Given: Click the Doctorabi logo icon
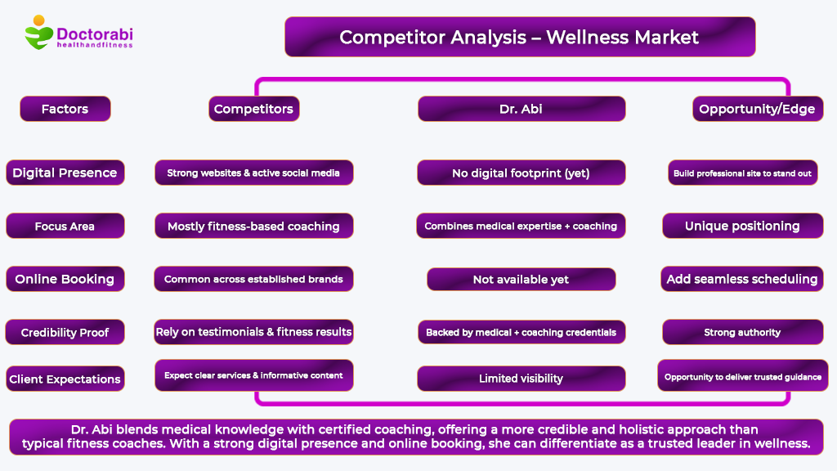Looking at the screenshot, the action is (x=39, y=33).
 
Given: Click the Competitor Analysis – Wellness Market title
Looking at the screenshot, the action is (x=520, y=37).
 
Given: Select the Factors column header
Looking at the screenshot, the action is (x=65, y=109).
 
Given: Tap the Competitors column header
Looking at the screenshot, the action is (x=253, y=109).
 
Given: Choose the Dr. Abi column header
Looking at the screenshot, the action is (x=521, y=109).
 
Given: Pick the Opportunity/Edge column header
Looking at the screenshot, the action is (x=758, y=109).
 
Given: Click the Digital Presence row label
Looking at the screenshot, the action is (x=65, y=173).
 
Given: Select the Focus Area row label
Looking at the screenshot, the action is (x=65, y=226).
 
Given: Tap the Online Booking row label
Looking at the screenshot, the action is (x=65, y=279).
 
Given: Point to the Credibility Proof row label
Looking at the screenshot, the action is (x=65, y=332).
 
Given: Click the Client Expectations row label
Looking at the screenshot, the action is (x=65, y=379).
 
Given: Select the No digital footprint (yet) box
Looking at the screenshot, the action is (x=521, y=173).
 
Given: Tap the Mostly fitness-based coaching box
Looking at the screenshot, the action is (x=253, y=226).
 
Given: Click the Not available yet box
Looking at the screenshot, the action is (x=521, y=280).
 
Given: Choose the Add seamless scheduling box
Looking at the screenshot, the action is (x=742, y=279).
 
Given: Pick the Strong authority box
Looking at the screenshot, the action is (x=742, y=332).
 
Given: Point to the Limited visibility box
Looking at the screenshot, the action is (x=521, y=379).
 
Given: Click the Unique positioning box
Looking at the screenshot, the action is (x=742, y=226).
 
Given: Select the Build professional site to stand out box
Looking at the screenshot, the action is (x=742, y=173).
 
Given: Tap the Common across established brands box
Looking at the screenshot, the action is (x=253, y=279).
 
